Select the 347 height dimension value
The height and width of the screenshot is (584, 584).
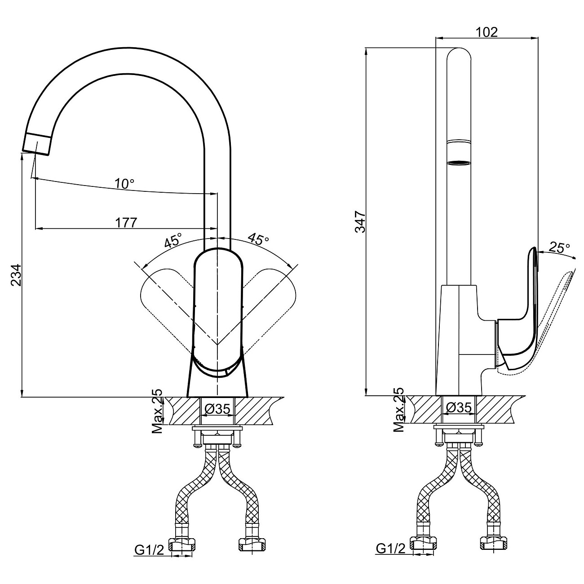360,221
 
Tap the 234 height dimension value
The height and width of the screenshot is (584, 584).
15,275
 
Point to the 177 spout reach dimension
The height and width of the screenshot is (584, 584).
126,222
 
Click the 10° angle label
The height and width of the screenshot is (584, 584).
124,184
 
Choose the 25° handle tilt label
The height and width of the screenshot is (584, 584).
559,248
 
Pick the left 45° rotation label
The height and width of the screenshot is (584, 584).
173,241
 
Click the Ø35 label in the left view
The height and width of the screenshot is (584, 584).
217,409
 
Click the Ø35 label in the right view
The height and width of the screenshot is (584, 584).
459,408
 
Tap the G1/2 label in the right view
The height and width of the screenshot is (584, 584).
390,548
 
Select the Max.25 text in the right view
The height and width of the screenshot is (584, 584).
398,410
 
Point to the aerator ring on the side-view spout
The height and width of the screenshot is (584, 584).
459,163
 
